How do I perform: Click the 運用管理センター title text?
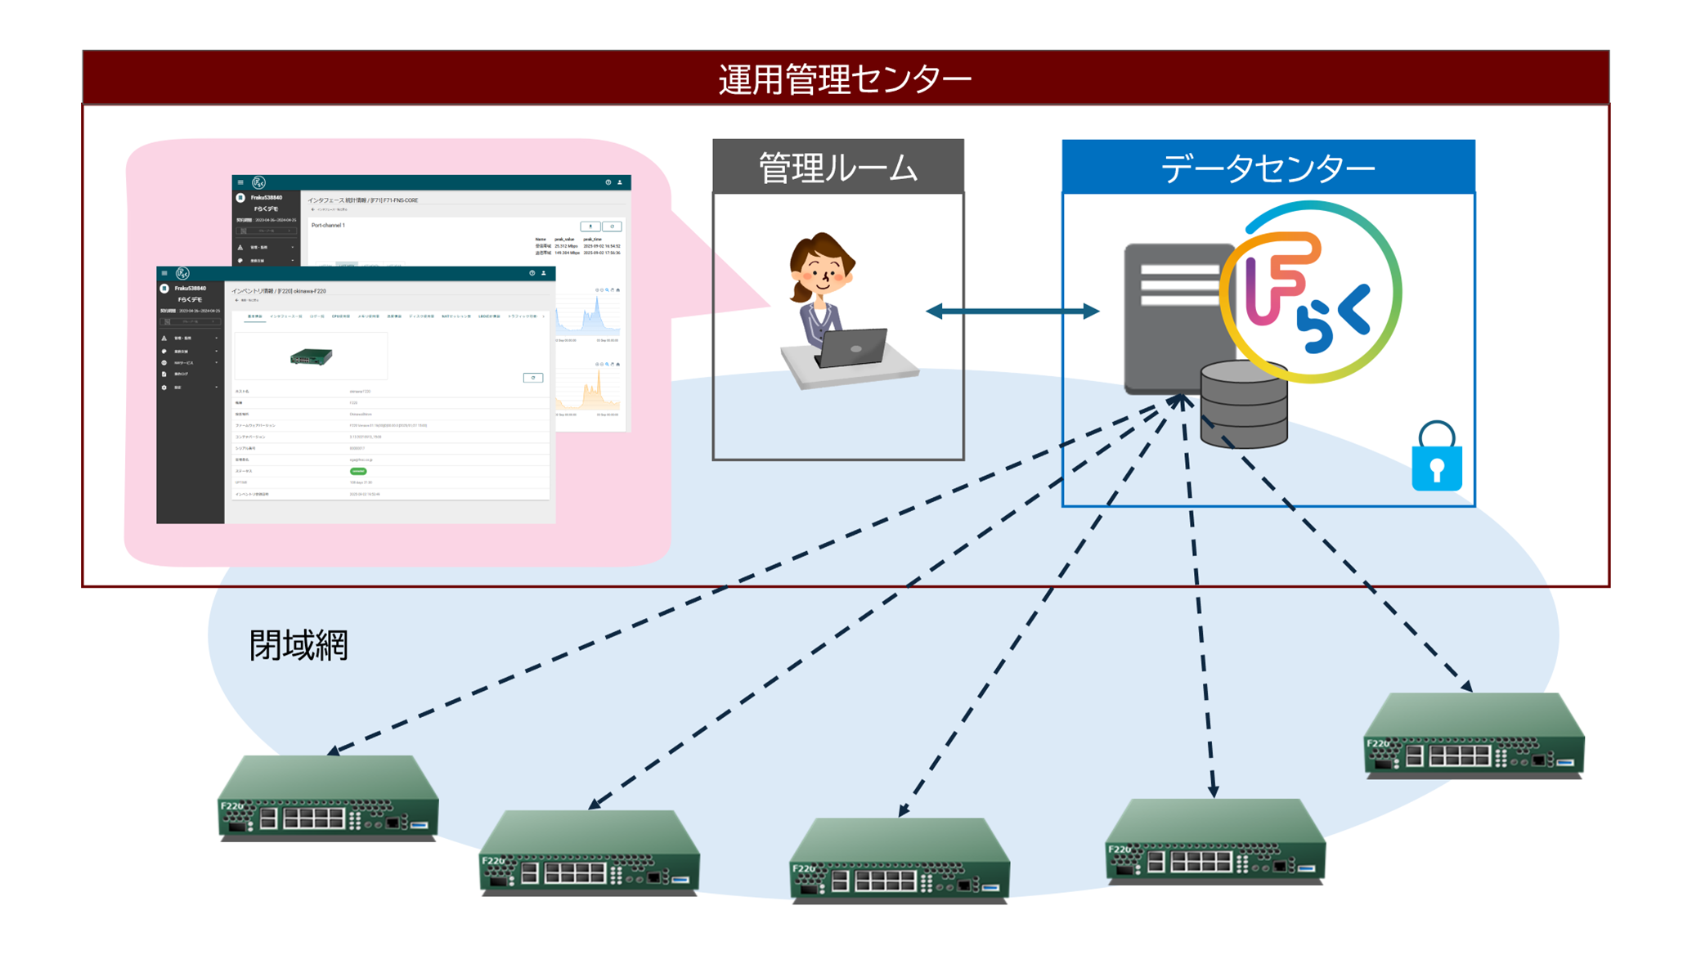(x=845, y=79)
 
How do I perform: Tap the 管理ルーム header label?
(x=838, y=168)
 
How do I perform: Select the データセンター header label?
(x=1268, y=168)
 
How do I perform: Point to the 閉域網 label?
(x=298, y=645)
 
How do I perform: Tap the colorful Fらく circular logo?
(x=1311, y=293)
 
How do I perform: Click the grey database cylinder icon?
(x=1243, y=406)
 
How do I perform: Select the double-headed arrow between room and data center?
(x=1012, y=311)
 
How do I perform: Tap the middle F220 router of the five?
(x=900, y=860)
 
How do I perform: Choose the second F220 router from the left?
(x=589, y=853)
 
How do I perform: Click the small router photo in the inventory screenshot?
(x=312, y=356)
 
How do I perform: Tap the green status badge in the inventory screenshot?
(x=358, y=471)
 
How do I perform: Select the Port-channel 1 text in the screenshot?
(x=328, y=226)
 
